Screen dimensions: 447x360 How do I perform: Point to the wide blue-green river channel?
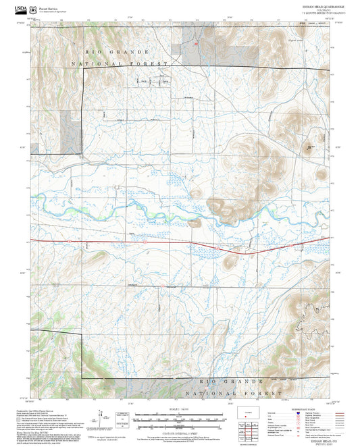point(169,215)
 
